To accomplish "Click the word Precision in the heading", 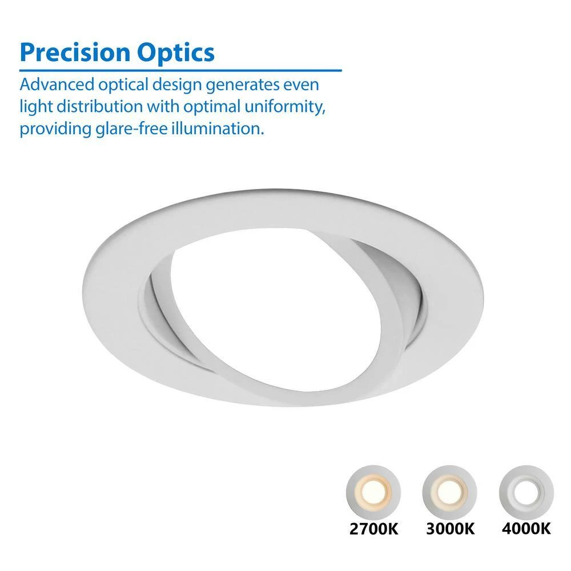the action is (x=75, y=53).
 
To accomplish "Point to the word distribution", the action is (x=100, y=106).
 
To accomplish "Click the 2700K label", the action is (x=374, y=529).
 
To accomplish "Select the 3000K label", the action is (x=451, y=529).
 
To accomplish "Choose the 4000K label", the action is (x=526, y=529).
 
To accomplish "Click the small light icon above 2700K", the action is (x=373, y=492).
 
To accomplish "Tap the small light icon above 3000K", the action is (x=450, y=492).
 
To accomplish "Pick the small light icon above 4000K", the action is (x=526, y=492).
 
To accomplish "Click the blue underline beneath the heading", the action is (x=180, y=70).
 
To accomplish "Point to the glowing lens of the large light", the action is (x=277, y=309).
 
